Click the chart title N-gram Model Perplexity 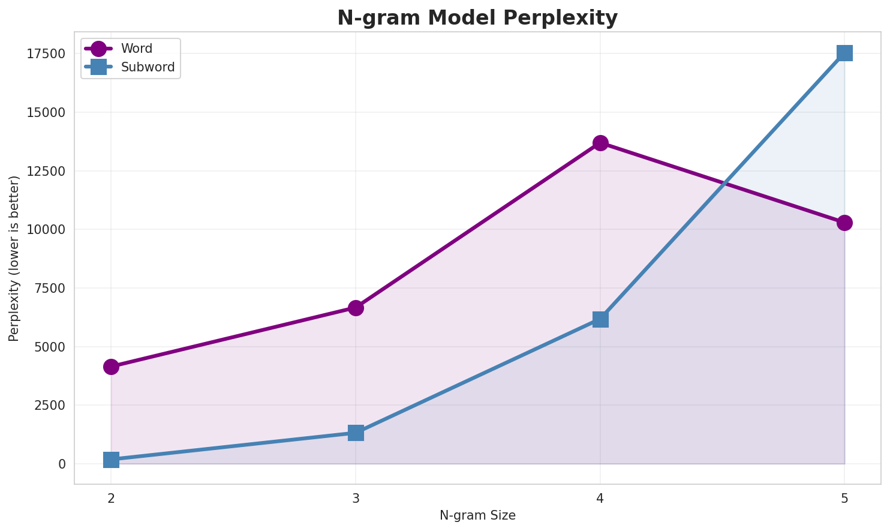click(x=477, y=18)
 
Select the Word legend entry click(x=136, y=49)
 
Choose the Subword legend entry click(x=148, y=67)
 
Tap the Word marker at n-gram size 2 click(x=111, y=367)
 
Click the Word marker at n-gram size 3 click(x=356, y=308)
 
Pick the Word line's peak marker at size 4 click(x=600, y=143)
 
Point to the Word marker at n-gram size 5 click(x=844, y=223)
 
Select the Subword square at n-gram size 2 click(x=111, y=460)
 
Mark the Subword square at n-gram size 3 click(x=356, y=433)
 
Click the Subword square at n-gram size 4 click(x=600, y=319)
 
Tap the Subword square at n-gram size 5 click(x=844, y=53)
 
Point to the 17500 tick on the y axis click(x=46, y=54)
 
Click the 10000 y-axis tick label click(x=46, y=230)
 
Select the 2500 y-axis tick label click(x=49, y=406)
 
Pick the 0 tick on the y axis click(x=62, y=464)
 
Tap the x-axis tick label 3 click(x=356, y=498)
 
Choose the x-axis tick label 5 click(x=844, y=498)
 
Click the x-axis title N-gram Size click(x=477, y=515)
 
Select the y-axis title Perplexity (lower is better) click(x=14, y=258)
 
